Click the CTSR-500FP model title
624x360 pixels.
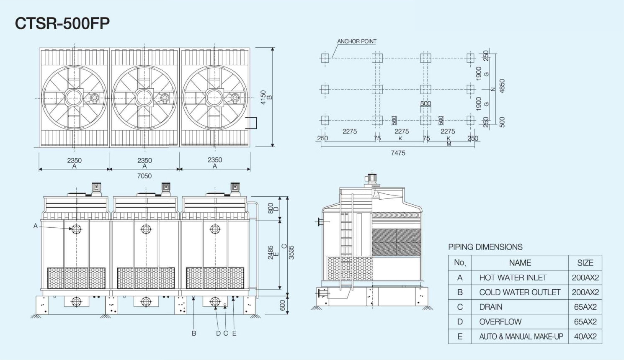[x=62, y=23]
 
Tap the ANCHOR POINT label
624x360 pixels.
[x=357, y=41]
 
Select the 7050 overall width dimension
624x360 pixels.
[x=144, y=176]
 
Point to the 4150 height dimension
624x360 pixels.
[x=263, y=98]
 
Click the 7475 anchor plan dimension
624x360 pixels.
[x=398, y=153]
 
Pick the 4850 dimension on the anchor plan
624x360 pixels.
[x=502, y=86]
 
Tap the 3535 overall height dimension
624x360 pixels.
[x=291, y=252]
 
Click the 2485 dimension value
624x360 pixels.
[x=271, y=252]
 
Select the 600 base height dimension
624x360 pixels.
[x=282, y=305]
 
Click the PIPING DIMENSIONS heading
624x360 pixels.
[x=485, y=247]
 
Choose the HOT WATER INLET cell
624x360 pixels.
[x=513, y=278]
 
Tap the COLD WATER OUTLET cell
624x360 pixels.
[x=520, y=292]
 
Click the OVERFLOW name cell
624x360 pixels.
[x=500, y=322]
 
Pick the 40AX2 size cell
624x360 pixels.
[x=585, y=337]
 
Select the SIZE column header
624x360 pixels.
[x=585, y=263]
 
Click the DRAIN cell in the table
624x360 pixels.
[x=491, y=307]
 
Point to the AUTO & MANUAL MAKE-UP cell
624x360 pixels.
[x=521, y=337]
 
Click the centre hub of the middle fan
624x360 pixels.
[x=144, y=98]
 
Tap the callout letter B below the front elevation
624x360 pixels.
[x=194, y=333]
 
